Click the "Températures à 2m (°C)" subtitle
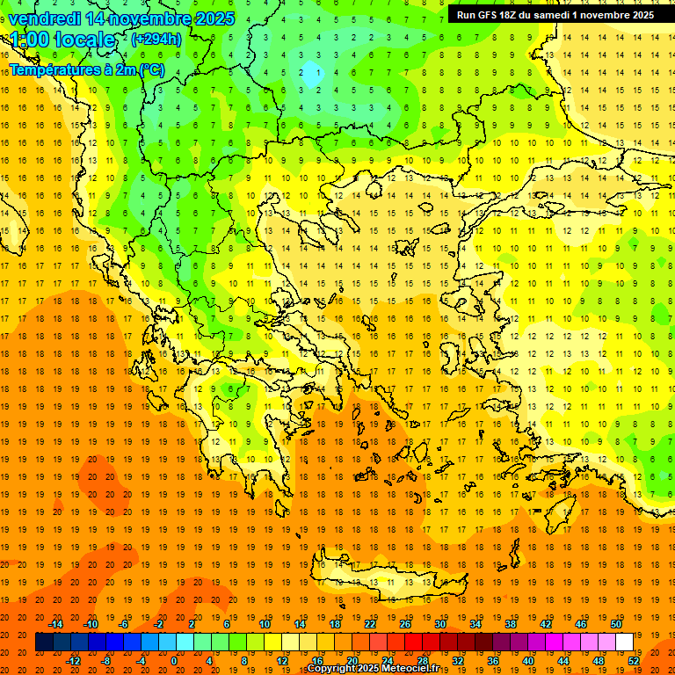[x=86, y=69]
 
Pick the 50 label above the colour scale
[x=616, y=624]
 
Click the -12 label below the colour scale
[x=73, y=660]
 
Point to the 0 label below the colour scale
[x=174, y=660]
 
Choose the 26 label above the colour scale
[x=405, y=624]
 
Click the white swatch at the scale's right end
[x=624, y=642]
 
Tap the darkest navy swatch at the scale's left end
[x=44, y=642]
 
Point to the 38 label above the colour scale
[x=511, y=624]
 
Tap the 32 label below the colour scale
[x=457, y=660]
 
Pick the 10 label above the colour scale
[x=265, y=624]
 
